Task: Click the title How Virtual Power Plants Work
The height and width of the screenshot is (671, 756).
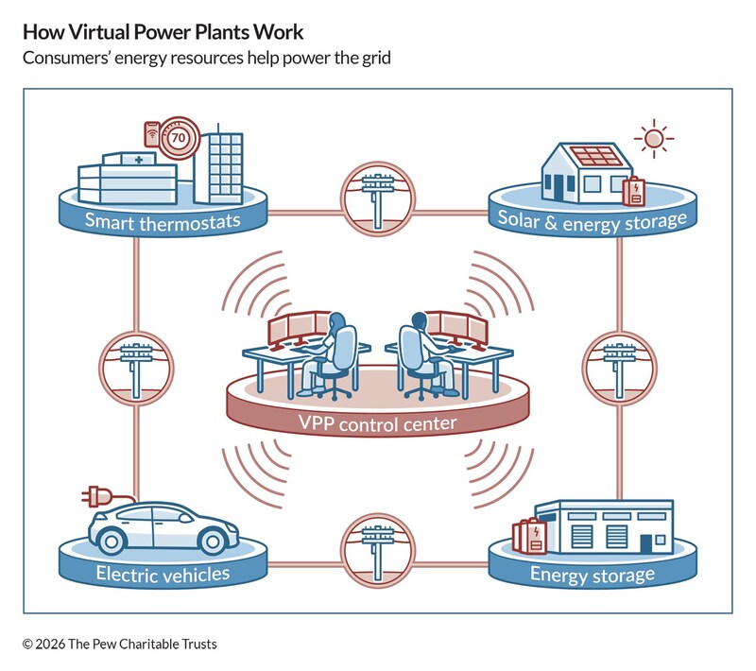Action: click(163, 32)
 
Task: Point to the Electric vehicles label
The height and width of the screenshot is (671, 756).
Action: click(162, 573)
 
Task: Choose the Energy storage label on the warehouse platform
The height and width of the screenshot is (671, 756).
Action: click(592, 574)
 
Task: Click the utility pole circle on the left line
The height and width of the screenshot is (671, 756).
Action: click(136, 363)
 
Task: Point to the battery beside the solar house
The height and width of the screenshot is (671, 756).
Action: click(632, 190)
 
